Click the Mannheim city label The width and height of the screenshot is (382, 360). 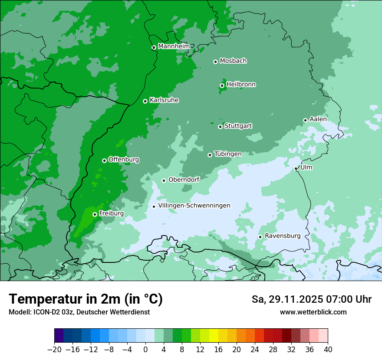[x=174, y=46]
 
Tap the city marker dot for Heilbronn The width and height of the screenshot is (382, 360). [x=222, y=85]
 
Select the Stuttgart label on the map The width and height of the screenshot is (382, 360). [x=238, y=126]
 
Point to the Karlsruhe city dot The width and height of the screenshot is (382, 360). [x=145, y=101]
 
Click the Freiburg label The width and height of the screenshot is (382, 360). [x=111, y=213]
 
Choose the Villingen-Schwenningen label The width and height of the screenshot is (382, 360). [x=194, y=206]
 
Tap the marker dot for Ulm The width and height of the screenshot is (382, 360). [x=296, y=168]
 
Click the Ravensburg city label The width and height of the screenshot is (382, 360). [x=282, y=236]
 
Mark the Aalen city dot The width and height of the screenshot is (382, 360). [x=305, y=120]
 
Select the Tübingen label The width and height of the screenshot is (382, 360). [x=228, y=154]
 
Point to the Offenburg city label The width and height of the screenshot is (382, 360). [x=124, y=160]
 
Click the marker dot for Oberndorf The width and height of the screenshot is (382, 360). [x=164, y=180]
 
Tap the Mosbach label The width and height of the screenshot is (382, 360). [x=233, y=61]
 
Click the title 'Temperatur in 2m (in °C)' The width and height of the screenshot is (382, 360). [x=86, y=299]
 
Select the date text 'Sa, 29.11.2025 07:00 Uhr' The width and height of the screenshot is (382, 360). [x=311, y=299]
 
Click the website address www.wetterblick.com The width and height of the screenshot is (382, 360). [x=313, y=312]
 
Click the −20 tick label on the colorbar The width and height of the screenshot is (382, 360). [x=54, y=350]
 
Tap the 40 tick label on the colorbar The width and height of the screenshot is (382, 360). [x=328, y=350]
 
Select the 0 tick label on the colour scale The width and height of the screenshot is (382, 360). [x=145, y=350]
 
